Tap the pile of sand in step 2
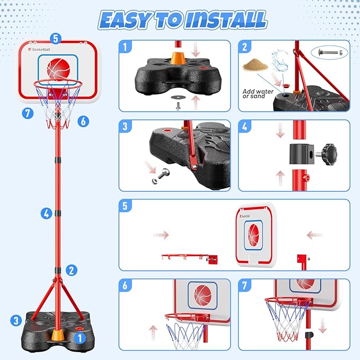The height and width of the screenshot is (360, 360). tap(256, 67)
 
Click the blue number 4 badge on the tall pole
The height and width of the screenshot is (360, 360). tap(46, 214)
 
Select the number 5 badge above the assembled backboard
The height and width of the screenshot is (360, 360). tap(57, 38)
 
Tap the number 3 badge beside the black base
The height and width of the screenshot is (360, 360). tap(16, 320)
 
